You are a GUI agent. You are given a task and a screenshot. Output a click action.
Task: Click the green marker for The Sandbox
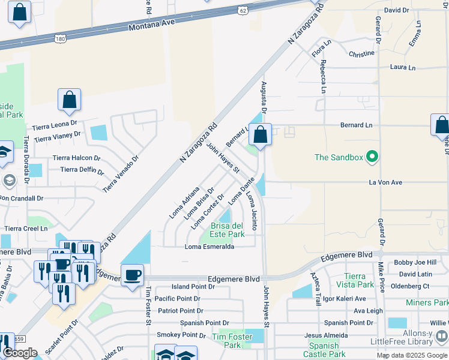[x=372, y=157]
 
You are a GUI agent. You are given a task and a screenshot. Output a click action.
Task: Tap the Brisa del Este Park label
[x=228, y=230]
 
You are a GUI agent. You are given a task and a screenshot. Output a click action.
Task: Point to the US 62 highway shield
[x=241, y=10]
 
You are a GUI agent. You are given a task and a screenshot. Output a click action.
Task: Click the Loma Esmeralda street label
[x=209, y=247]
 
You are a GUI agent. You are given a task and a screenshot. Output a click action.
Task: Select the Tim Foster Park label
[x=232, y=341]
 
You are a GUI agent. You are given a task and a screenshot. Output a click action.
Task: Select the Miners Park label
[x=427, y=302]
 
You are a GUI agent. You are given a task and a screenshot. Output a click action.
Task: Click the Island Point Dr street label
[x=193, y=287]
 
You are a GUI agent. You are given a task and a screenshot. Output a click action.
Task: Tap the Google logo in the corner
[x=20, y=353]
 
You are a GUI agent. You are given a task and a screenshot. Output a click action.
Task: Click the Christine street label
[x=361, y=54]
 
